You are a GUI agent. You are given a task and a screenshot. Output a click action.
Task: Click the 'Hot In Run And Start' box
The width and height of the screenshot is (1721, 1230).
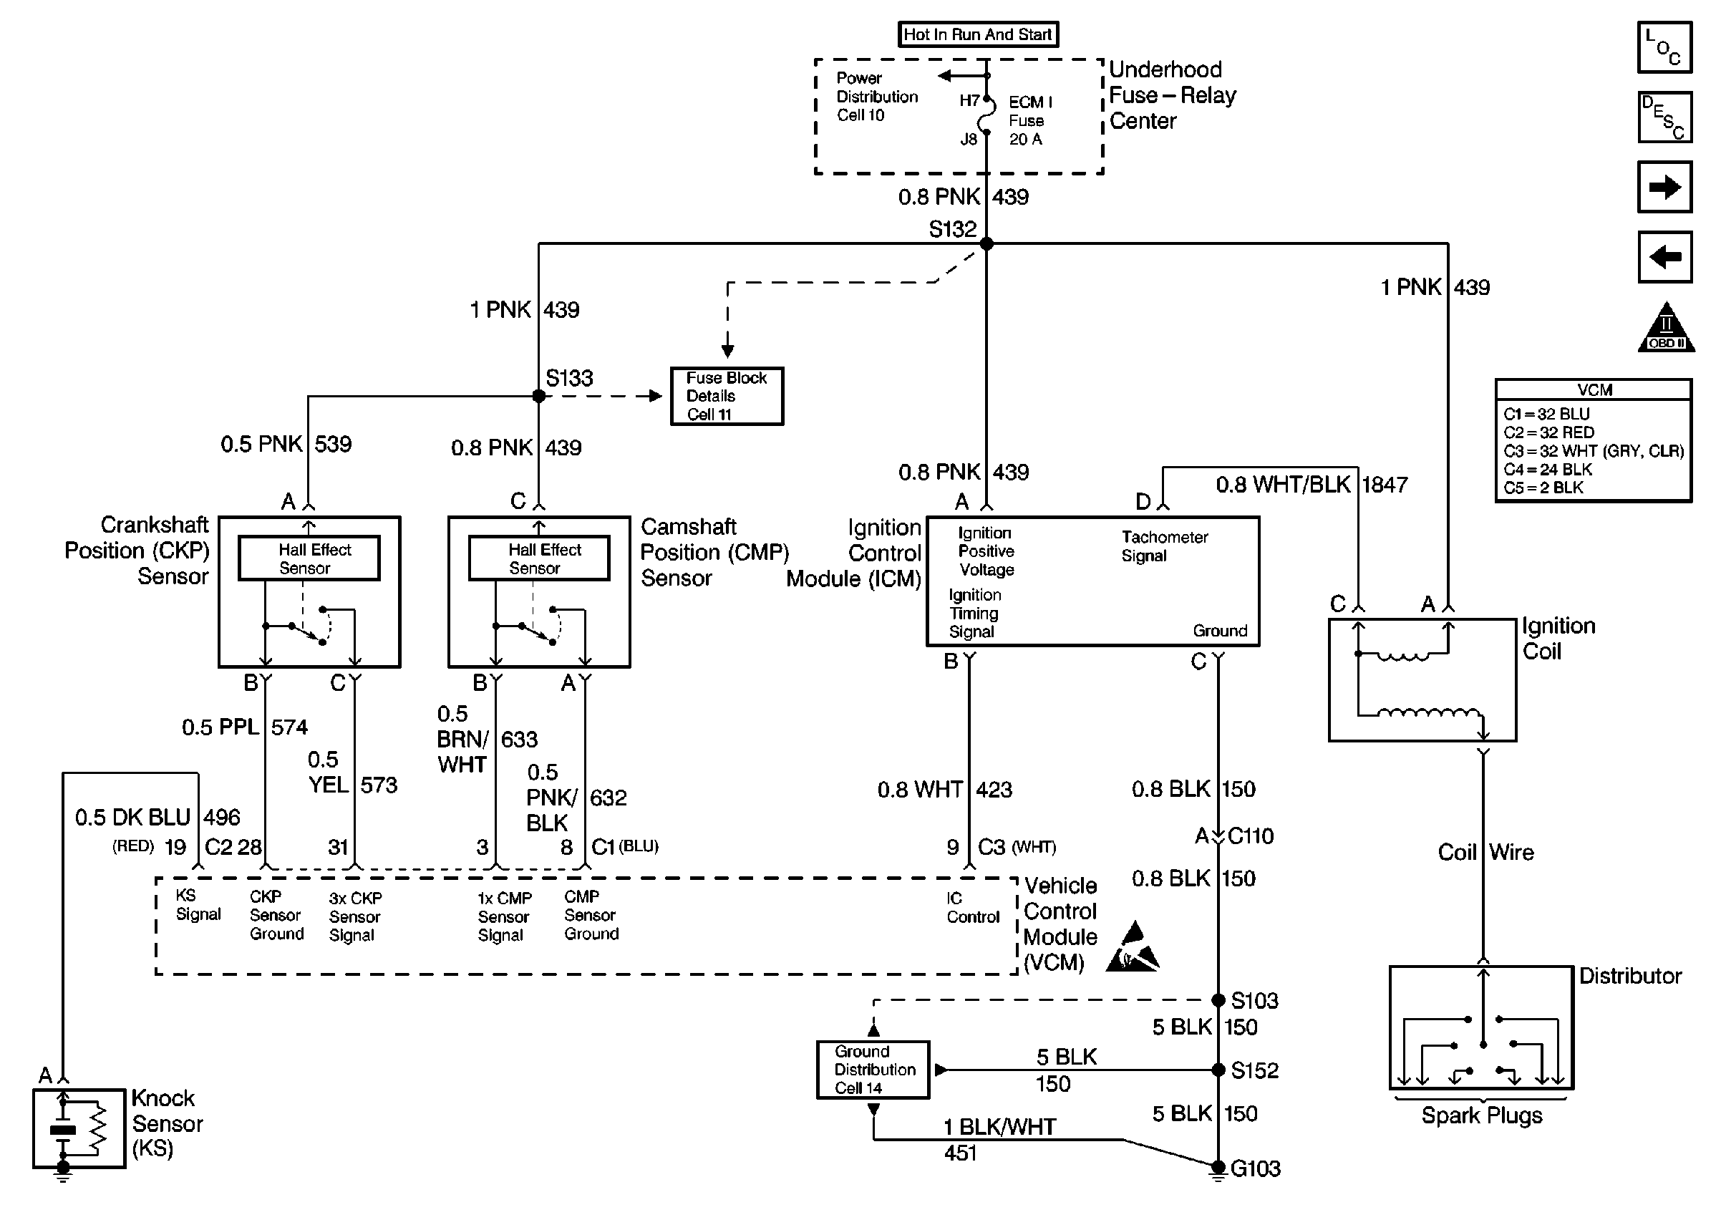pos(977,35)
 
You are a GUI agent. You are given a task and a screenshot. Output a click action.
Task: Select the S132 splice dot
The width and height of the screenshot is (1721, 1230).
pos(986,244)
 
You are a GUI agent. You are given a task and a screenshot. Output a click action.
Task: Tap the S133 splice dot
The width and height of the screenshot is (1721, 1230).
pos(538,396)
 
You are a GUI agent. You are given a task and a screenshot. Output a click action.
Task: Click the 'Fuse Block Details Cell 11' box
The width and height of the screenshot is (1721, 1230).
pos(727,396)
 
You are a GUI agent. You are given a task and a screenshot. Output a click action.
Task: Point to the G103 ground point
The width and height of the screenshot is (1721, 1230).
pos(1218,1167)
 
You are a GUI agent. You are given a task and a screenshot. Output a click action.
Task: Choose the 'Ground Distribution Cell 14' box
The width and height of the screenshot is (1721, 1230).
pos(873,1070)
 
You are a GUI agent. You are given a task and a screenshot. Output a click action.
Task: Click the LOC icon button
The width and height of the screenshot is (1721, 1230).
pos(1664,48)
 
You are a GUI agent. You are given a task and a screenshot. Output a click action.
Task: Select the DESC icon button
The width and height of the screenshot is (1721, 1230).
pos(1664,117)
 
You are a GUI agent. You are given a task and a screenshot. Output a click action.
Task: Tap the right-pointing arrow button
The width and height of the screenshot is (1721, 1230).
pos(1664,187)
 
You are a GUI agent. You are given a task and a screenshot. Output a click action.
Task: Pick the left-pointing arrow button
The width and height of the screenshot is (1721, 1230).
pos(1664,257)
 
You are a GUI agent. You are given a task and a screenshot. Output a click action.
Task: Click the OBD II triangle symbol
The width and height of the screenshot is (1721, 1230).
pos(1666,329)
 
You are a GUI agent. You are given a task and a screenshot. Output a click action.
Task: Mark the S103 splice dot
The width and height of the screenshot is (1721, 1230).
pos(1218,1000)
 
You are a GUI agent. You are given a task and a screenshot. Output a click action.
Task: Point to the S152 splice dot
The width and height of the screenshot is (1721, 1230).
pos(1218,1070)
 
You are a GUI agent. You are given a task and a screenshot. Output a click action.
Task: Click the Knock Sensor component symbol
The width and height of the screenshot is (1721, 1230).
pos(79,1128)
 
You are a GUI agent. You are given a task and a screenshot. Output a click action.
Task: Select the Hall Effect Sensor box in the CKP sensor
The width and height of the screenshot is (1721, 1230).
pos(309,559)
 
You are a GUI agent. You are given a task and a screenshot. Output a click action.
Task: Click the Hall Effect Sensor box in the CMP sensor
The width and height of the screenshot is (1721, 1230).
pos(539,559)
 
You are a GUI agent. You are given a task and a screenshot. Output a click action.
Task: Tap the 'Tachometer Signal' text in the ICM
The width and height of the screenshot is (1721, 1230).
pos(1164,546)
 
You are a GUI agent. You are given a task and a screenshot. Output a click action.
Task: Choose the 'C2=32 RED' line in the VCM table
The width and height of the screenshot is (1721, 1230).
pos(1548,432)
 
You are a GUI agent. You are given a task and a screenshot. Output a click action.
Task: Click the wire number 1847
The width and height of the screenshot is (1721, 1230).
pos(1384,485)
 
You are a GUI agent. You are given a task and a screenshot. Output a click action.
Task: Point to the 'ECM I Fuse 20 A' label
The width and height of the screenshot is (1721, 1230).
pos(1029,120)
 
